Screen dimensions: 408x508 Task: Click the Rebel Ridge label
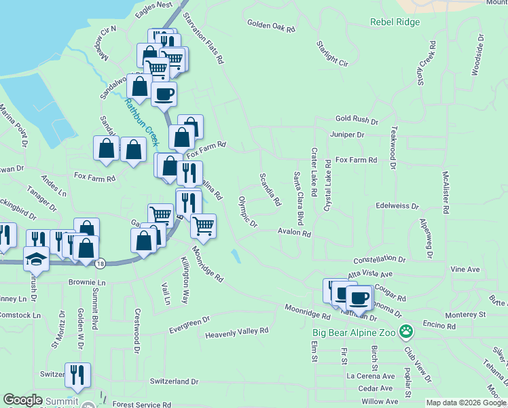click(395, 22)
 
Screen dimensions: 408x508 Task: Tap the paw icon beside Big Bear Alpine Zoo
click(406, 333)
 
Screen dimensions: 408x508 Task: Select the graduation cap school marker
click(35, 258)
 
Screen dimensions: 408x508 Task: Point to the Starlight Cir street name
click(332, 54)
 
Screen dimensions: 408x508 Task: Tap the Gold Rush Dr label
click(356, 120)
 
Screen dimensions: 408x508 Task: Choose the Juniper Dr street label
click(347, 135)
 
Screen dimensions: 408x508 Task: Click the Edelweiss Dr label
click(397, 205)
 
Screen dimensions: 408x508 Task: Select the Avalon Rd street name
click(294, 233)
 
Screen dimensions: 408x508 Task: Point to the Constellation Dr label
click(379, 260)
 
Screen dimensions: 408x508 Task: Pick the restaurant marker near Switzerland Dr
click(78, 374)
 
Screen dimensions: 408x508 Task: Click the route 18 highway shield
click(101, 262)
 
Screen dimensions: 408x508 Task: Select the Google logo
click(23, 400)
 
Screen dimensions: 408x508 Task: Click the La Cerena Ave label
click(371, 375)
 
